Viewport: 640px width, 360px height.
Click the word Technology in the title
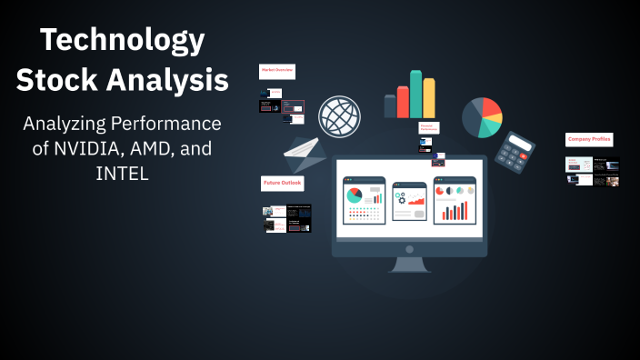pos(123,41)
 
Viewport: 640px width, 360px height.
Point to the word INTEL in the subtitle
pos(122,172)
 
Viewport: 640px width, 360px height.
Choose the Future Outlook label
pos(283,183)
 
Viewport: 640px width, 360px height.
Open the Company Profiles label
pos(589,139)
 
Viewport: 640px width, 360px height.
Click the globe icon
pos(338,115)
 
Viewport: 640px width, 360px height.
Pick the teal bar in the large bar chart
pos(415,94)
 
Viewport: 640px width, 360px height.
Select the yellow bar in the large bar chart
pos(428,98)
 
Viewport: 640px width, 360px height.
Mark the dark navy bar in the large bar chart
pos(390,106)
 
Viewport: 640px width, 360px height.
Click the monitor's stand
pos(409,264)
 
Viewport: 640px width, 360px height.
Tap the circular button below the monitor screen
pos(409,248)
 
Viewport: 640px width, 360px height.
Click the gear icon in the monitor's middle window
pos(401,198)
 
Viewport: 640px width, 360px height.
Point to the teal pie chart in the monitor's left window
pos(355,195)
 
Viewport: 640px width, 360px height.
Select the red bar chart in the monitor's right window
pos(455,211)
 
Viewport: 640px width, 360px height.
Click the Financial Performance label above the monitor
pos(429,128)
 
